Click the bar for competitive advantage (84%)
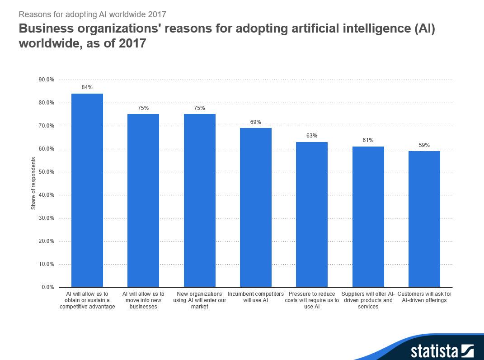pyautogui.click(x=87, y=190)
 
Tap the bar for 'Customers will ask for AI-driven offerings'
pyautogui.click(x=424, y=219)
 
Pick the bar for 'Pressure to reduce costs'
pyautogui.click(x=312, y=214)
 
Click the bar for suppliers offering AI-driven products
pyautogui.click(x=368, y=217)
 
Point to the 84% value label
pyautogui.click(x=87, y=87)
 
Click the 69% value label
pyautogui.click(x=256, y=122)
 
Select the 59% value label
pyautogui.click(x=424, y=145)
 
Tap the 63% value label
pyautogui.click(x=312, y=136)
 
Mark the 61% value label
pyautogui.click(x=368, y=140)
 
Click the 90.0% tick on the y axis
pyautogui.click(x=47, y=80)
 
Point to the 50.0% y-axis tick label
pyautogui.click(x=47, y=172)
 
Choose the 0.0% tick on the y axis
pyautogui.click(x=48, y=287)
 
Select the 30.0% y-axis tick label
pyautogui.click(x=47, y=218)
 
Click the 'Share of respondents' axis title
pyautogui.click(x=33, y=184)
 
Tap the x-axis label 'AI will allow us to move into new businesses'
pyautogui.click(x=143, y=300)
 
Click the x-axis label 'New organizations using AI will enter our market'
pyautogui.click(x=199, y=300)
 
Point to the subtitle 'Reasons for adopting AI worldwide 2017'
pyautogui.click(x=93, y=14)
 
